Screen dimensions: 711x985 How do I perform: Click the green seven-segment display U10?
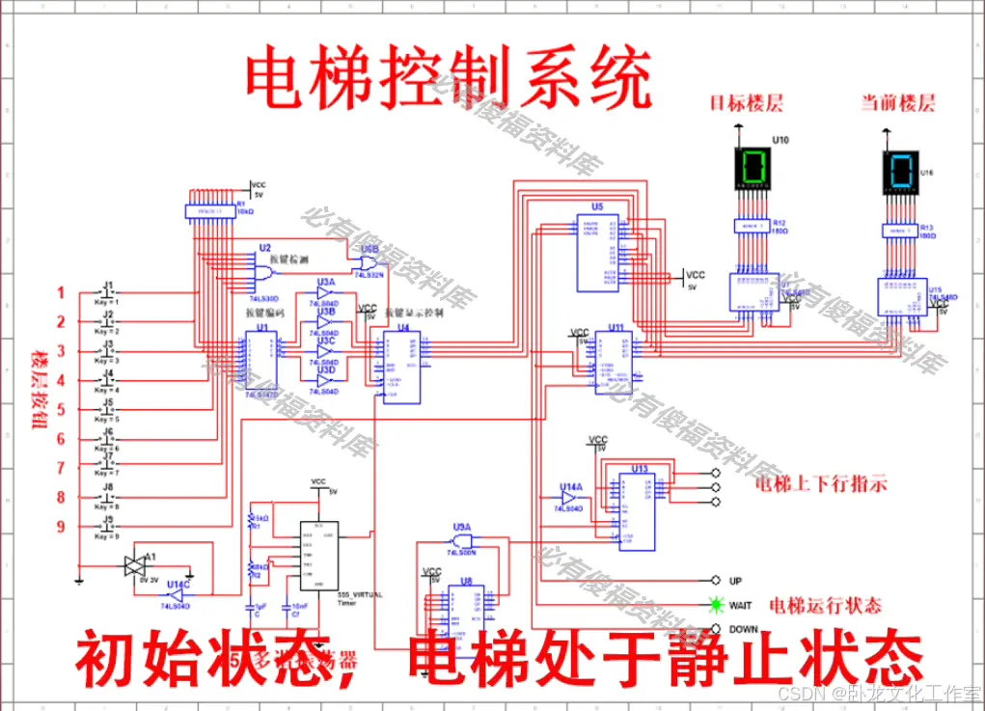click(x=753, y=167)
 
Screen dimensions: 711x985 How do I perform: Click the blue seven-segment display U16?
click(x=901, y=172)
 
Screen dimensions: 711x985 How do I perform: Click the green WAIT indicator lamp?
click(x=716, y=606)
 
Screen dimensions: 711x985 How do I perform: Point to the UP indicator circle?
click(x=716, y=581)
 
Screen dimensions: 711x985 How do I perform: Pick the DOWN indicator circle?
click(x=716, y=630)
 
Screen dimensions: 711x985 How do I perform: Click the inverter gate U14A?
click(x=571, y=496)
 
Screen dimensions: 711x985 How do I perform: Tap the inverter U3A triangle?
click(x=324, y=292)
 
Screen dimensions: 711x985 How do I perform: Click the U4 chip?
click(x=401, y=367)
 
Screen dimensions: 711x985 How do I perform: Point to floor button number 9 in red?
click(x=60, y=526)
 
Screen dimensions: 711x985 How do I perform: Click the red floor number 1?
click(x=60, y=292)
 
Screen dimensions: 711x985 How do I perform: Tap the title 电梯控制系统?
click(x=447, y=81)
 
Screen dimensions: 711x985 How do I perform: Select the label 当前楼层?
click(x=898, y=102)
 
